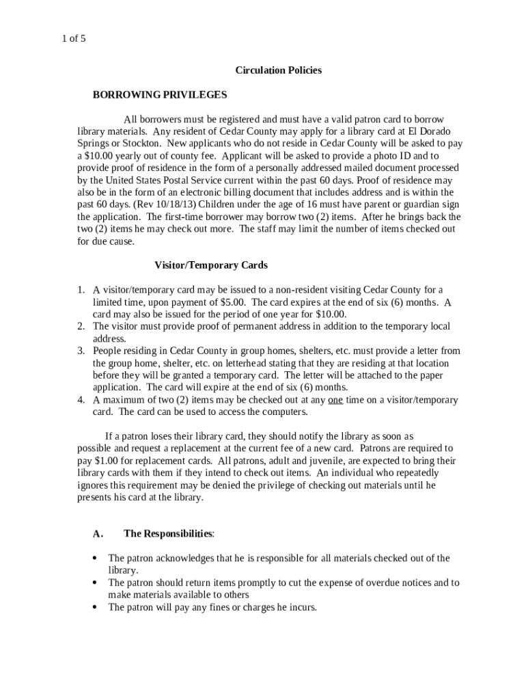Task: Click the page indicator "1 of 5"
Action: point(72,39)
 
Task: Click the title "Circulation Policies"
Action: point(278,70)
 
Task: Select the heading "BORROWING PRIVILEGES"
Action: point(160,94)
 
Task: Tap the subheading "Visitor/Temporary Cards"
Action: point(211,265)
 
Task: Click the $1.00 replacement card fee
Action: point(107,461)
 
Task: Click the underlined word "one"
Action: point(335,400)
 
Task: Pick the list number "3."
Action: point(81,351)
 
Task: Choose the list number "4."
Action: point(81,400)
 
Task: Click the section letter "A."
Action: point(98,533)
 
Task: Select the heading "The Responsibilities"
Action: point(168,533)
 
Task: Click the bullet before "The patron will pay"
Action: point(95,607)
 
